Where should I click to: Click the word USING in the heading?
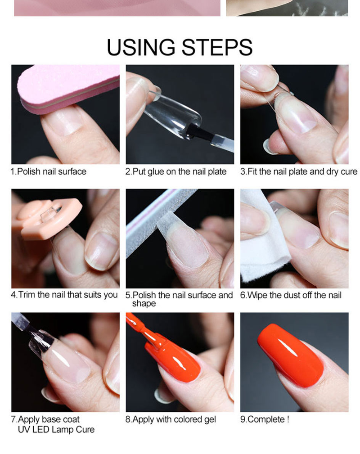[141, 47]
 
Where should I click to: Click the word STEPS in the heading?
[217, 47]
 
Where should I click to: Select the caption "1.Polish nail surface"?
[48, 171]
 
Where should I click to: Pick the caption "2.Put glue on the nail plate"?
[176, 171]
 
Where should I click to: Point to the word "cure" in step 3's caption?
[349, 172]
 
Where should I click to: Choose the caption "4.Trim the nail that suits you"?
[64, 295]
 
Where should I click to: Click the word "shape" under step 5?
[144, 303]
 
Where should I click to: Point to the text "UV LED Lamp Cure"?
[56, 429]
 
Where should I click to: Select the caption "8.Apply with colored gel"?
[171, 419]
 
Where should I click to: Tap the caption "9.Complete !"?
[265, 419]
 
